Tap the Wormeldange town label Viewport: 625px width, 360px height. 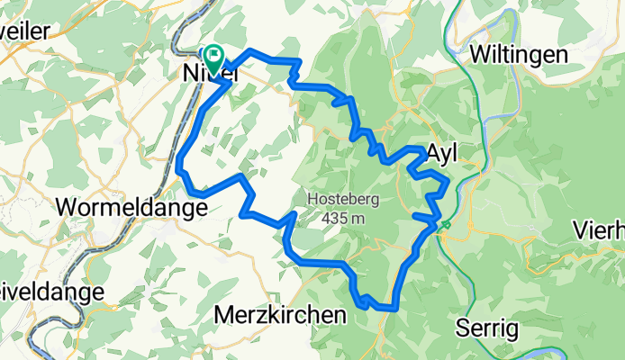(x=131, y=207)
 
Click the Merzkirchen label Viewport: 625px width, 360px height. (x=280, y=315)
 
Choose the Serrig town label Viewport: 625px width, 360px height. (x=487, y=325)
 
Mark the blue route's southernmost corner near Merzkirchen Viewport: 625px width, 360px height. (x=394, y=308)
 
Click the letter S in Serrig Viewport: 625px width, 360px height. (x=464, y=325)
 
